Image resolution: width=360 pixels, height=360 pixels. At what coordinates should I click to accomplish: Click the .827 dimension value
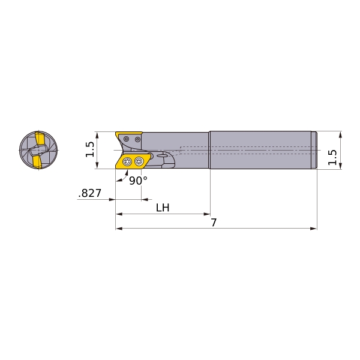pyautogui.click(x=89, y=193)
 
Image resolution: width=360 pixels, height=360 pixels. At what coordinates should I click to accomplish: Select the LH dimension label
pyautogui.click(x=163, y=208)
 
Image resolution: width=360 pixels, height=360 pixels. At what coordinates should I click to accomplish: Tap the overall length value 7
pyautogui.click(x=214, y=223)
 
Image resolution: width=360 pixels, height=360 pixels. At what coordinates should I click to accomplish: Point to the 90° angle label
pyautogui.click(x=138, y=181)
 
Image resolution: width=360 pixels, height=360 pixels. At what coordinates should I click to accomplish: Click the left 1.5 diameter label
pyautogui.click(x=90, y=149)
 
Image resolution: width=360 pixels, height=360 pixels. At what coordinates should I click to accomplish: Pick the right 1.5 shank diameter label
pyautogui.click(x=332, y=157)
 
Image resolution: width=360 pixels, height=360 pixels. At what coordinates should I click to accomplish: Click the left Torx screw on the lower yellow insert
pyautogui.click(x=127, y=161)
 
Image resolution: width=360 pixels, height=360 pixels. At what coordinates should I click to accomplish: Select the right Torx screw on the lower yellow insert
pyautogui.click(x=139, y=161)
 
